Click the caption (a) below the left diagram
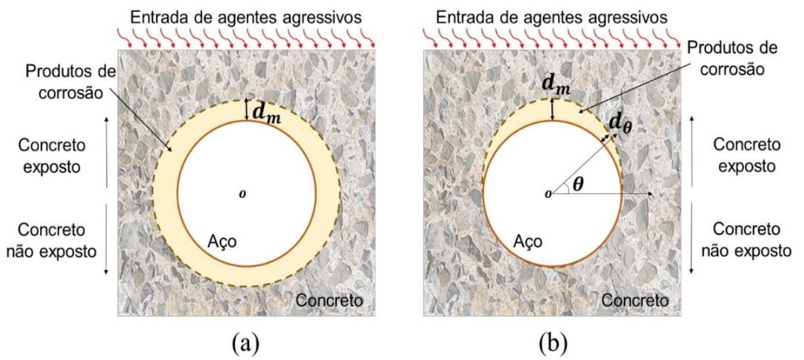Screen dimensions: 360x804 [x=246, y=343]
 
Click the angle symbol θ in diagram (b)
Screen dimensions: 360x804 [x=577, y=185]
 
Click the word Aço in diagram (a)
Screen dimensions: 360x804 [x=222, y=242]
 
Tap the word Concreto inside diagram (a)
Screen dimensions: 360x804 [x=329, y=301]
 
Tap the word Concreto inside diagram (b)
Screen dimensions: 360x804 [x=634, y=301]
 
